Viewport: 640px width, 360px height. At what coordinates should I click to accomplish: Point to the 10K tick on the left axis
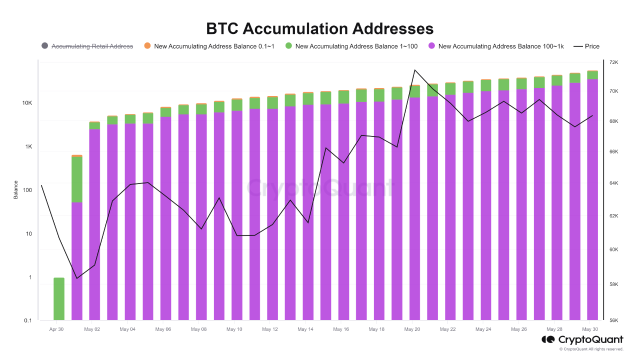click(x=27, y=103)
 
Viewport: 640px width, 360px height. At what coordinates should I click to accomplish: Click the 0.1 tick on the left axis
click(x=28, y=320)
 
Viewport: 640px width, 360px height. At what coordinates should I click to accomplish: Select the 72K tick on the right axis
click(x=613, y=62)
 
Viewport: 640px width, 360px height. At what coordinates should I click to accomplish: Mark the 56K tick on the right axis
click(x=613, y=320)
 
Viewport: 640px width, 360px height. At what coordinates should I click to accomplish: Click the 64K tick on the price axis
click(x=613, y=183)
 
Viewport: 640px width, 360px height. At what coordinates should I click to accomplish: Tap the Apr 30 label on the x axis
click(x=56, y=329)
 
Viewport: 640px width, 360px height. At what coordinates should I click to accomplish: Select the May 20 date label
click(x=412, y=329)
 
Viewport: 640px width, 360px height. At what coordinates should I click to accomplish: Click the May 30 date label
click(x=590, y=329)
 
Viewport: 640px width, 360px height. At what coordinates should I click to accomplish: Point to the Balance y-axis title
click(x=15, y=190)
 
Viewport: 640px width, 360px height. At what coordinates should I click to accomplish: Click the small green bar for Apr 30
click(x=59, y=298)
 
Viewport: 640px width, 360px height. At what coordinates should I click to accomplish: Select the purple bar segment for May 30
click(x=592, y=200)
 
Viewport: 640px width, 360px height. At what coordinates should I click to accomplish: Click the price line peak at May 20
click(x=414, y=70)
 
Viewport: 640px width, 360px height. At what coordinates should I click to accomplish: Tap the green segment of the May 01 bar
click(x=77, y=179)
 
